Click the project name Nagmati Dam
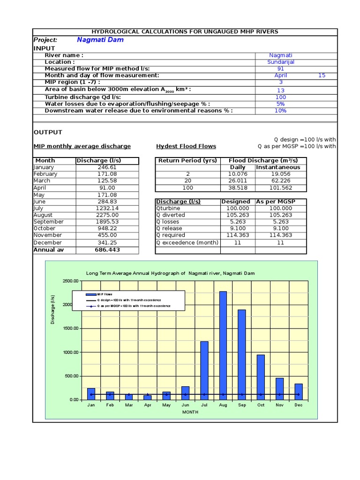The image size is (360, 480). (x=100, y=40)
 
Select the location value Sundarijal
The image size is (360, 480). (x=281, y=62)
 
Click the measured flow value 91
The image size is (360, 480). (x=281, y=68)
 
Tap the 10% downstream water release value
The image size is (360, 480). (x=281, y=111)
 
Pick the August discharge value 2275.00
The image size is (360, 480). (x=107, y=215)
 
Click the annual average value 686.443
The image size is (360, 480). (x=107, y=250)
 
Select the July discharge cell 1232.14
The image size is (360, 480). (x=107, y=208)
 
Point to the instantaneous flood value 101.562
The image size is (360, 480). (x=281, y=187)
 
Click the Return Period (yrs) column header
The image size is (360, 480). (x=187, y=160)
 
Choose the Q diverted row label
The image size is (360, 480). (x=171, y=215)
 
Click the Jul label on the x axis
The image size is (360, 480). (x=204, y=405)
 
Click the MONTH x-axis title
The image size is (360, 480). (x=190, y=412)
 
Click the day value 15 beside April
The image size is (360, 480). (x=322, y=75)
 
